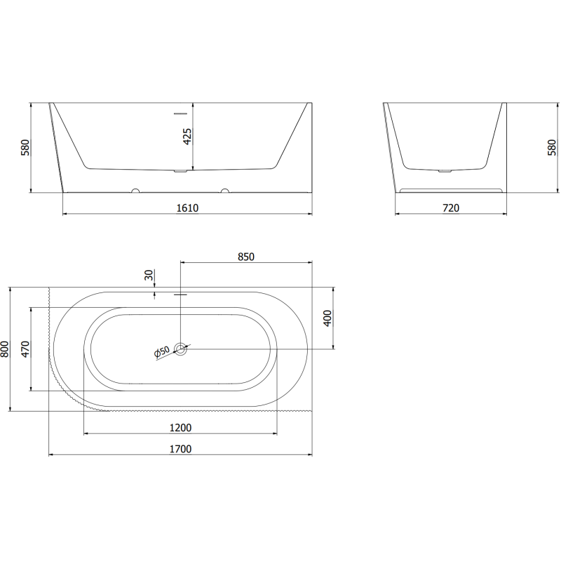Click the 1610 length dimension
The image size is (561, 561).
[188, 208]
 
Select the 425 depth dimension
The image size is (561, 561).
[187, 136]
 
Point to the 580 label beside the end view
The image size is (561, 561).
[552, 148]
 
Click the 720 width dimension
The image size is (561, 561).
[451, 208]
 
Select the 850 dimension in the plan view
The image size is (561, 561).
[245, 257]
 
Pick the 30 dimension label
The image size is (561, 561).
[149, 276]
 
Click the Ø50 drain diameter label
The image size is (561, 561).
[161, 353]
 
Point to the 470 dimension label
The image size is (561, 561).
[25, 349]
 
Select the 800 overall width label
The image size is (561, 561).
[5, 349]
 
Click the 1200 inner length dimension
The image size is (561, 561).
[181, 428]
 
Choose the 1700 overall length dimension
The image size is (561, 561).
[181, 449]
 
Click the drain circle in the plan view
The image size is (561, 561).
[181, 349]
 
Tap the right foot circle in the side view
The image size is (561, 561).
[225, 190]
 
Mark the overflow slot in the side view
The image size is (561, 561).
[181, 111]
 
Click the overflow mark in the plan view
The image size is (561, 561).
[181, 295]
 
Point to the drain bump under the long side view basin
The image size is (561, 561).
[181, 170]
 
